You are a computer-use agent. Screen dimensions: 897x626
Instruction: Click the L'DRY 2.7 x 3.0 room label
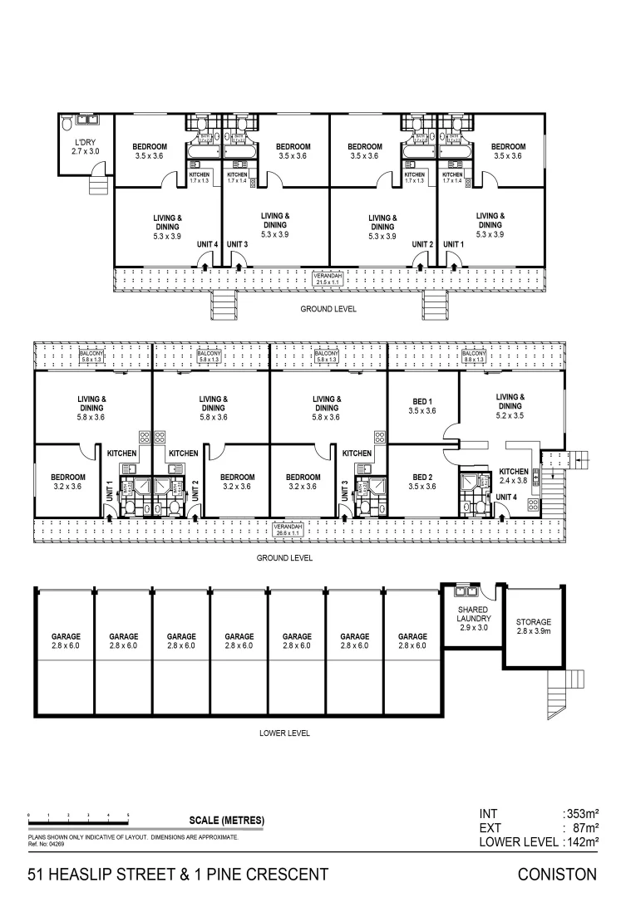click(85, 147)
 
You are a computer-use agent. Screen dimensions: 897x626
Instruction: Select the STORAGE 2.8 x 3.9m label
click(533, 627)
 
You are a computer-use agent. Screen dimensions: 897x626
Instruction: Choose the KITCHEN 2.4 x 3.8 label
click(512, 475)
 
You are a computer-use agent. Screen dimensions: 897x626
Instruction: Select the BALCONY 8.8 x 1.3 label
click(473, 355)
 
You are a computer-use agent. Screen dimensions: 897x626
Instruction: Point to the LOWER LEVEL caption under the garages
click(285, 733)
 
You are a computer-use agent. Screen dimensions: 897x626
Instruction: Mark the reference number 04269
click(47, 843)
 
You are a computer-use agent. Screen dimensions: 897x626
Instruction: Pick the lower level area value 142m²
click(581, 842)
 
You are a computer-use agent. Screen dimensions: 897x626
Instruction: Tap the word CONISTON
click(557, 874)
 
